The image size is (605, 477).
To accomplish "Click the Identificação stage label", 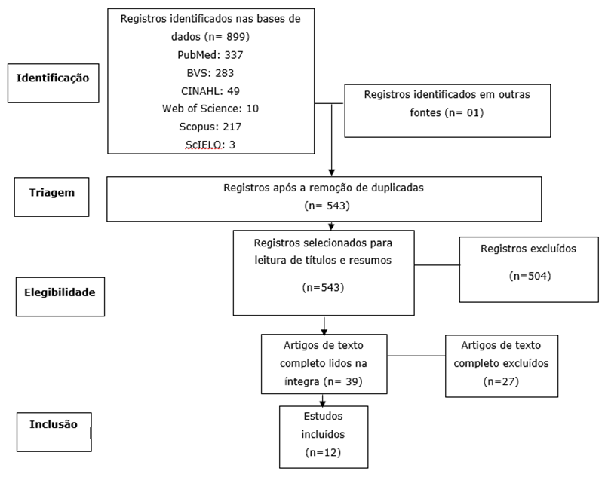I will pyautogui.click(x=53, y=78).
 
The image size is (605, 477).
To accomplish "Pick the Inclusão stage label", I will pyautogui.click(x=54, y=424).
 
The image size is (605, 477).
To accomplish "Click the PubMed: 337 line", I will pyautogui.click(x=210, y=54).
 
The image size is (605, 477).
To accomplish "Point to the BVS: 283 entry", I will pyautogui.click(x=210, y=72).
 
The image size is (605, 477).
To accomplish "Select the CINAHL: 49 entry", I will pyautogui.click(x=210, y=90).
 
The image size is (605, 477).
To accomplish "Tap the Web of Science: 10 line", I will pyautogui.click(x=210, y=109).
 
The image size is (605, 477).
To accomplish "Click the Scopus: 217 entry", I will pyautogui.click(x=210, y=127).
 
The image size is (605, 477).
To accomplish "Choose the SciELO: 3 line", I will pyautogui.click(x=210, y=144).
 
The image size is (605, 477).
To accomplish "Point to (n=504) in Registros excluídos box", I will pyautogui.click(x=530, y=276).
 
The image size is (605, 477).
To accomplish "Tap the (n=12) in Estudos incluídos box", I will pyautogui.click(x=324, y=452).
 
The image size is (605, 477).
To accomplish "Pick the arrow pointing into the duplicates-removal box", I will pyautogui.click(x=332, y=169).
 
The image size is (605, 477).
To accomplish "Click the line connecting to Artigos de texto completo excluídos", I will pyautogui.click(x=417, y=356).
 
